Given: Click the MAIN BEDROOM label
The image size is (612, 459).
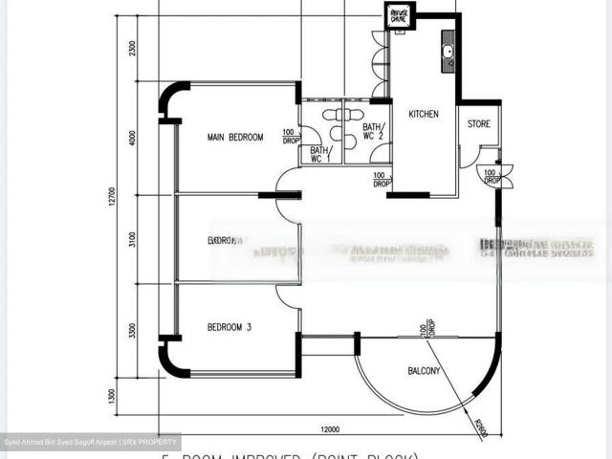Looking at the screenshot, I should [x=235, y=138].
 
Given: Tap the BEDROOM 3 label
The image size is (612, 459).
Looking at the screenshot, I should [x=229, y=327].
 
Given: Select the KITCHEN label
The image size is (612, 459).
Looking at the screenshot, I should [x=424, y=114].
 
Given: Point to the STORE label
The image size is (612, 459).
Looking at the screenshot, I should [x=478, y=124].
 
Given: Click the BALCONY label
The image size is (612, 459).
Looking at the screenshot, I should [x=424, y=371].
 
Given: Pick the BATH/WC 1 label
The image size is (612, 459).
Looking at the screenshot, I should [x=320, y=154].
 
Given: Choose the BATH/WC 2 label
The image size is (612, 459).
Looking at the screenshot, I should [x=373, y=132].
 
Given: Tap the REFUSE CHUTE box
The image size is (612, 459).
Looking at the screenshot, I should [x=398, y=15].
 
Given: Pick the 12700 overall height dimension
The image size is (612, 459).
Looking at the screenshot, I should [x=112, y=196].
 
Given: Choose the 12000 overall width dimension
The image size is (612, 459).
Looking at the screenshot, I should [x=331, y=427].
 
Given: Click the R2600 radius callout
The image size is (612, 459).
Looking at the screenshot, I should [x=478, y=427].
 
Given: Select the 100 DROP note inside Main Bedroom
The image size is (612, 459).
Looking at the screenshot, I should [x=289, y=137].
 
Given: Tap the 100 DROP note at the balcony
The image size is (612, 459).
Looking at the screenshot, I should [x=422, y=330].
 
